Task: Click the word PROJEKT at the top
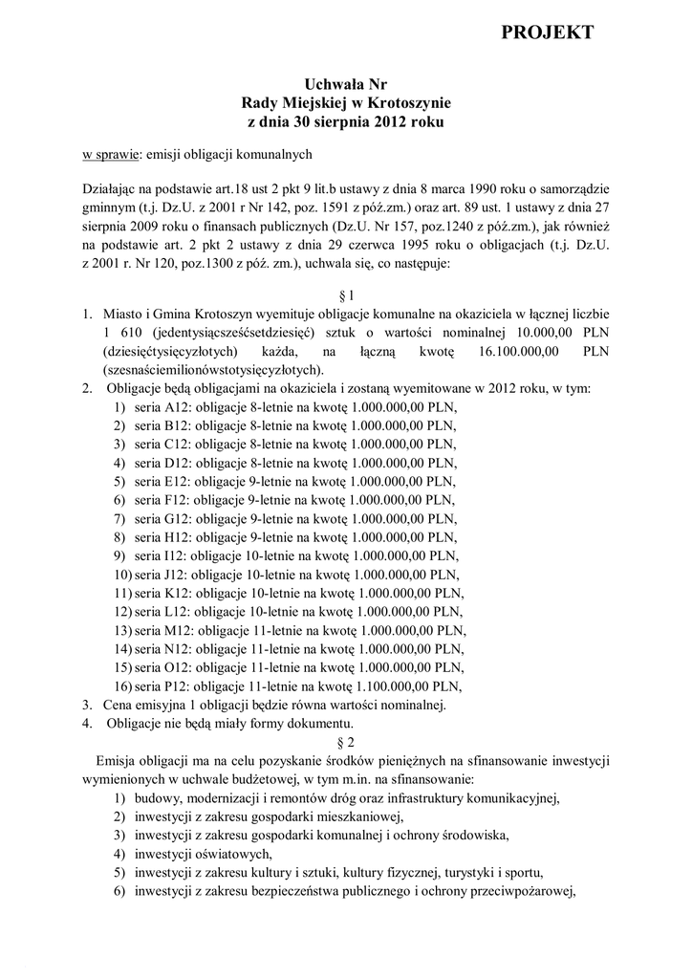pyautogui.click(x=548, y=33)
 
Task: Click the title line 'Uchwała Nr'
pyautogui.click(x=345, y=85)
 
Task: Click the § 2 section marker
pyautogui.click(x=346, y=741)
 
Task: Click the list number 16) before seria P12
pyautogui.click(x=122, y=685)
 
